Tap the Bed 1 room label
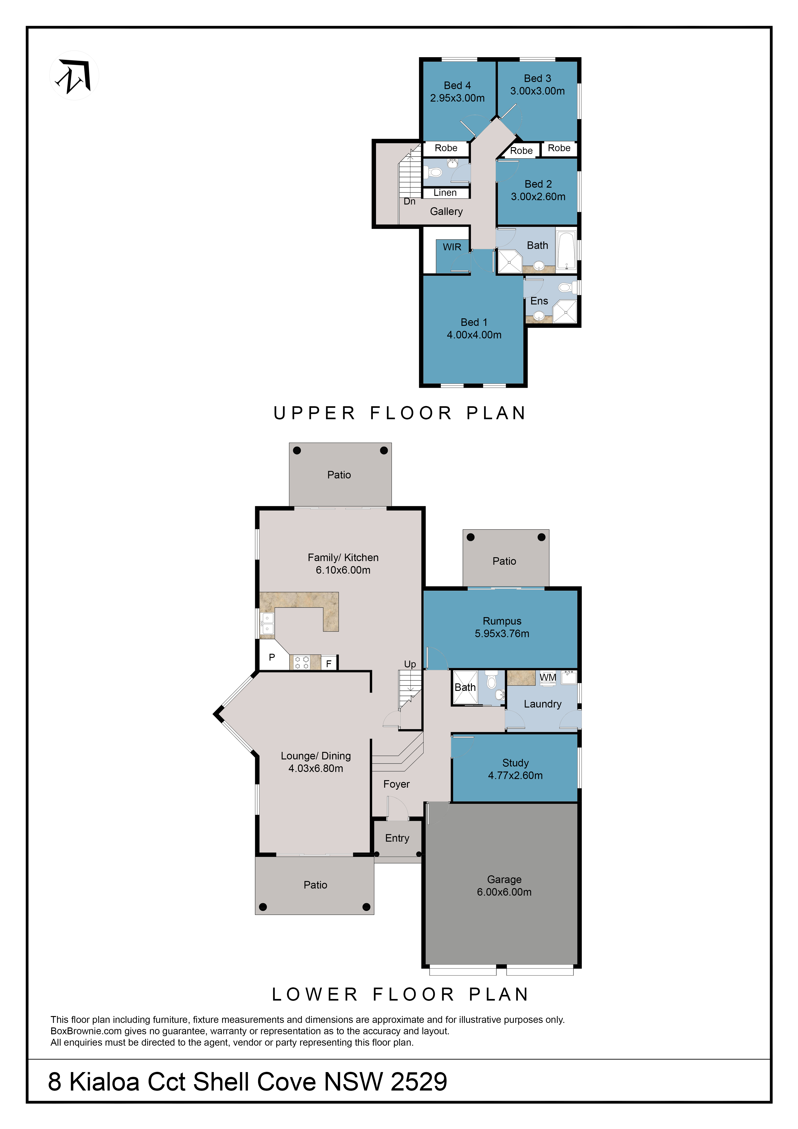tap(474, 322)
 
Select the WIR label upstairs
tap(452, 247)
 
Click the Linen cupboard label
tap(445, 193)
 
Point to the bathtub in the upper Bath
tap(567, 250)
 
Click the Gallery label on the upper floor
tap(446, 212)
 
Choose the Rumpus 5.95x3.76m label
tap(502, 627)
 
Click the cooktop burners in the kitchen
tap(302, 662)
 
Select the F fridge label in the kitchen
tap(329, 664)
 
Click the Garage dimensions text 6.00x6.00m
tap(504, 892)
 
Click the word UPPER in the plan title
tap(315, 413)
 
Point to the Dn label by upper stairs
tap(409, 202)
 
